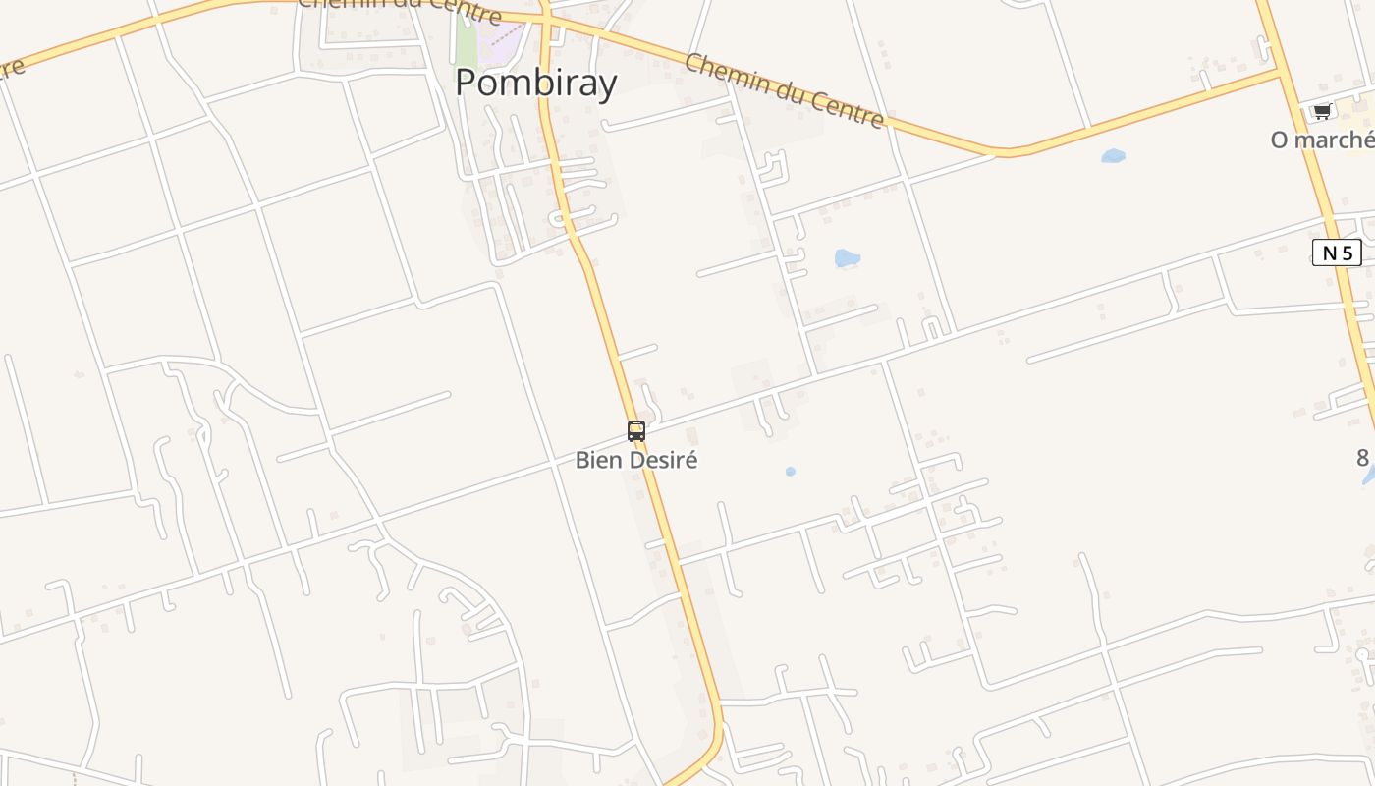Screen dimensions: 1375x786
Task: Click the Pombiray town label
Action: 535,83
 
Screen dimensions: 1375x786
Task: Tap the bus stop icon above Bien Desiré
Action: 636,430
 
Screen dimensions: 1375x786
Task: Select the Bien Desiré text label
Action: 636,460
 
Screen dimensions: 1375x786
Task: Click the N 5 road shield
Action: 1337,253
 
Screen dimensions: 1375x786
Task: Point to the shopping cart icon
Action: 1322,111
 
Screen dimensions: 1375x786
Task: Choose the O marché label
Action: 1322,140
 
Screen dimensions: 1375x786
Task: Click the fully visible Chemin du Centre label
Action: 784,90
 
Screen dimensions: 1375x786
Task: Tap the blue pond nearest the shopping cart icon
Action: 1113,155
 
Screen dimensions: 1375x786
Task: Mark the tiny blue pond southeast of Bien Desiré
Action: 791,472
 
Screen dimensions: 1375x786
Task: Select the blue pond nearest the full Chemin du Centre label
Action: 847,258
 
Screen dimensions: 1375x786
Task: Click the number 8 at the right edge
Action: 1362,457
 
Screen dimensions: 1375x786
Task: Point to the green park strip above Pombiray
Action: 465,39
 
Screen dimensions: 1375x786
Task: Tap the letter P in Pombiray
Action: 467,83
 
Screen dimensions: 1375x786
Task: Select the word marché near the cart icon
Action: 1337,140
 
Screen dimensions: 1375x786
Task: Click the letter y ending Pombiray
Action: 608,86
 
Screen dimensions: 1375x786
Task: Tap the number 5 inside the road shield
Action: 1347,253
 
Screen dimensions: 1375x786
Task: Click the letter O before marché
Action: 1279,140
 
